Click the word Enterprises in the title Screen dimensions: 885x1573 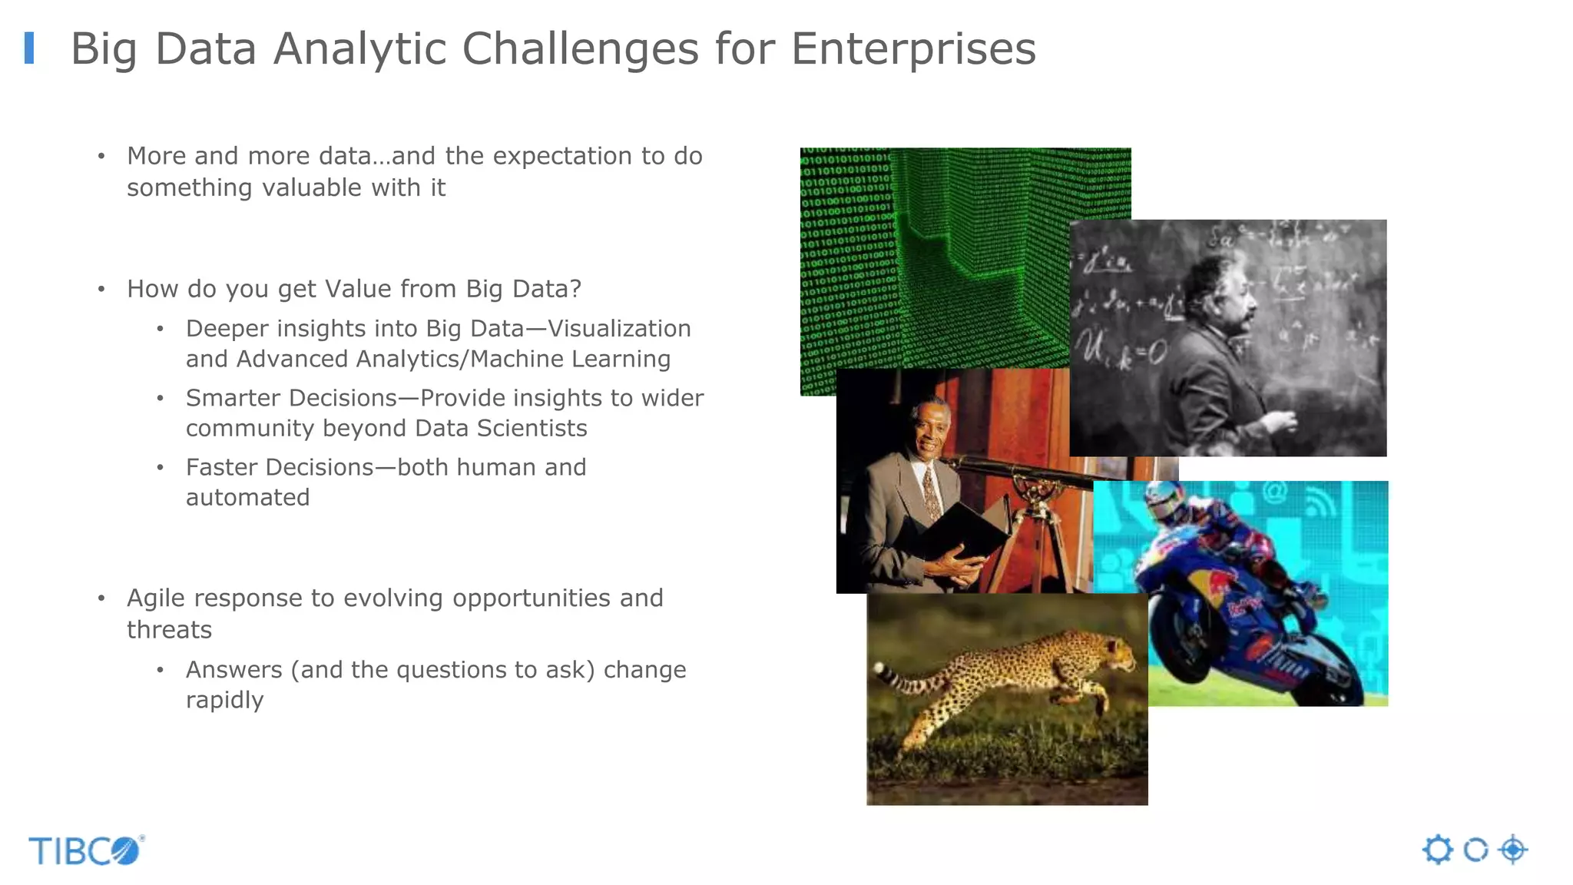pos(913,49)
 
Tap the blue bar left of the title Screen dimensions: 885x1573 pos(29,48)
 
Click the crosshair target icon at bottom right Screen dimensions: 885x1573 pos(1512,850)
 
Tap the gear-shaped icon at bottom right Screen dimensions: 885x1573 pos(1437,850)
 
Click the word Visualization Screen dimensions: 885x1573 pos(619,329)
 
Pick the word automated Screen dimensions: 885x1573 pos(247,498)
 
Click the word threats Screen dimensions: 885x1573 pos(169,630)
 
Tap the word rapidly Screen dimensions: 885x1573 pos(224,701)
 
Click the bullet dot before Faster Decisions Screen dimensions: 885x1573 pos(160,468)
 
